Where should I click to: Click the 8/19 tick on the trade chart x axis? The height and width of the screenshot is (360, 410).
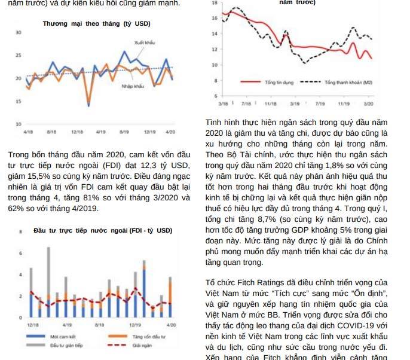pyautogui.click(x=124, y=131)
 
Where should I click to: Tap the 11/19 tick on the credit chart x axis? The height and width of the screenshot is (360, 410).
pyautogui.click(x=344, y=103)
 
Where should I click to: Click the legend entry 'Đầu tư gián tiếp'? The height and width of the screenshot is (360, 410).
pyautogui.click(x=66, y=345)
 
